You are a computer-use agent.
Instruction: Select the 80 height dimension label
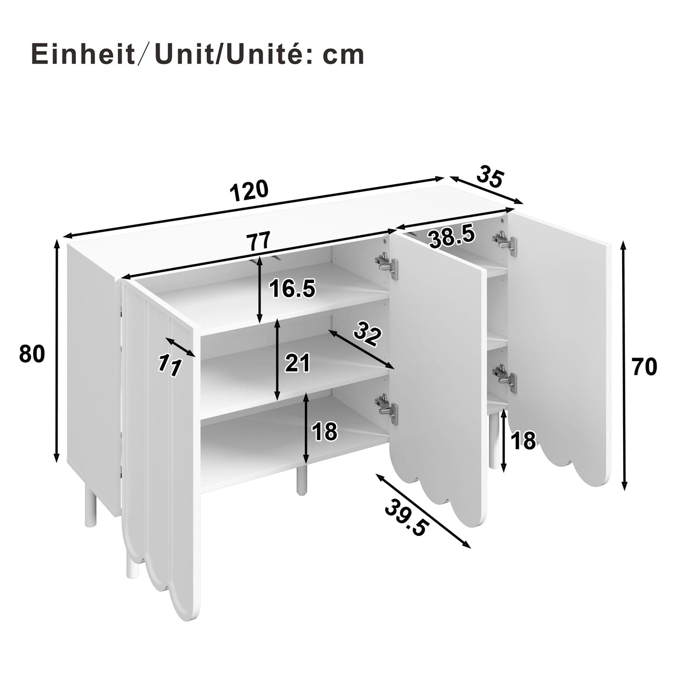[x=32, y=354]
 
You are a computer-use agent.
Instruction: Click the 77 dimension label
[x=259, y=241]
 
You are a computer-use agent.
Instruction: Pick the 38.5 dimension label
[x=453, y=237]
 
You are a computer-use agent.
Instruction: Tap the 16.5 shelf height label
[x=292, y=289]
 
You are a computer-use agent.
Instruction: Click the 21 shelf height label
[x=298, y=363]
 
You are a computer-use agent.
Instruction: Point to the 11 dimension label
[x=170, y=365]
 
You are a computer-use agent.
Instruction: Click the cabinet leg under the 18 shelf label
[x=300, y=479]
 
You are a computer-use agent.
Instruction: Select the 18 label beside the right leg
[x=523, y=441]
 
